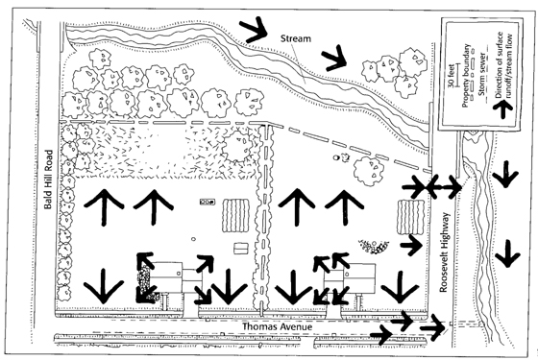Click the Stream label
click(x=297, y=37)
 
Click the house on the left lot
click(x=168, y=277)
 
